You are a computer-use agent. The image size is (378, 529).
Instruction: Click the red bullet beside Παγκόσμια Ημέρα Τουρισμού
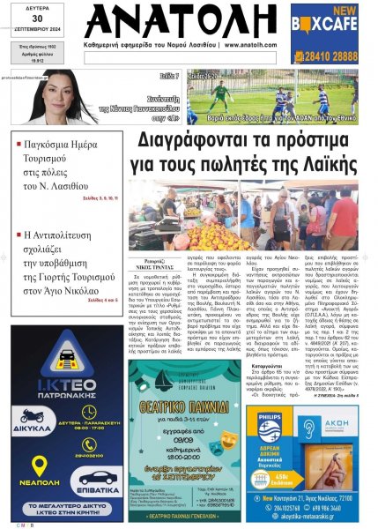click(x=18, y=141)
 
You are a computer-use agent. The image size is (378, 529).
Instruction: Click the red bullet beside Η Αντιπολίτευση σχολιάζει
click(x=18, y=235)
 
